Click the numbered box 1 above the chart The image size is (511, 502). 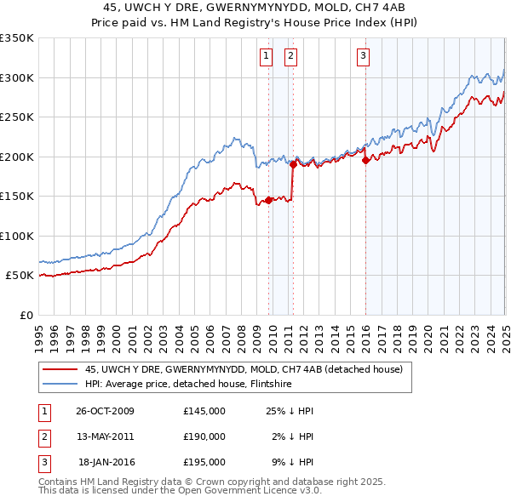click(267, 57)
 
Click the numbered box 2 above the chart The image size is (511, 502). click(290, 57)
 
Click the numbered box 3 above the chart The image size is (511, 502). click(363, 57)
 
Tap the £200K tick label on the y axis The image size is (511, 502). click(17, 157)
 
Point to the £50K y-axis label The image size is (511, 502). click(20, 276)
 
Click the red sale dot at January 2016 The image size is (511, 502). click(365, 160)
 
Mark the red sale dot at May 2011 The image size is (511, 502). click(293, 164)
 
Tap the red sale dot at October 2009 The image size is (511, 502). click(268, 200)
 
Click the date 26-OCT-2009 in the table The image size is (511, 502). click(105, 411)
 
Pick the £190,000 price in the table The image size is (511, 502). click(204, 436)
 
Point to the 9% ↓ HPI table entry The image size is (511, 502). click(293, 462)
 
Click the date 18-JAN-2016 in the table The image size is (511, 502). click(106, 462)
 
